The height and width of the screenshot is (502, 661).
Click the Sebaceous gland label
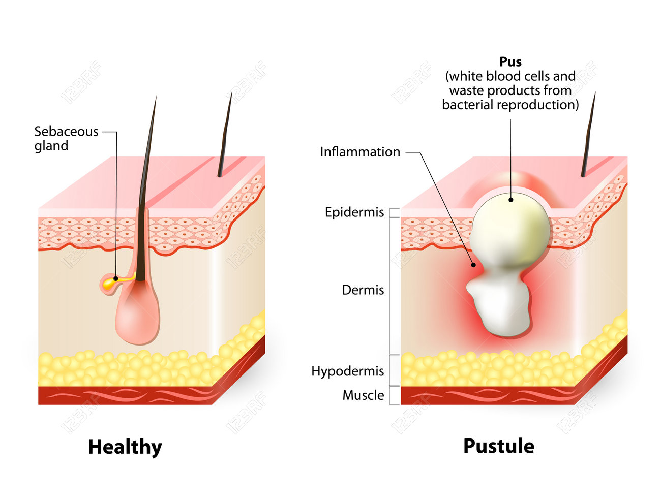[66, 138]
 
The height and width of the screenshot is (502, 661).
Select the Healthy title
[125, 447]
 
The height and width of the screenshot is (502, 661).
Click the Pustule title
[498, 446]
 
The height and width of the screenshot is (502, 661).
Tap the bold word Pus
[510, 62]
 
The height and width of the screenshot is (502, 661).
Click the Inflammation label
[360, 152]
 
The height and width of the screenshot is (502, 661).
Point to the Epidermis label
[354, 212]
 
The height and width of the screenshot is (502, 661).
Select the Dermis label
[363, 290]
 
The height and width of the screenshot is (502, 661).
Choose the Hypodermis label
[347, 371]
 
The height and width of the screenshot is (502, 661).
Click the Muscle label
[363, 395]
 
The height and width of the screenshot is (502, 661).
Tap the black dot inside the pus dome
[510, 200]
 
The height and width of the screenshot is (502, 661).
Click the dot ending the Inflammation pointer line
[473, 265]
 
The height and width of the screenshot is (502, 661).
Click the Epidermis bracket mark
[394, 213]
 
